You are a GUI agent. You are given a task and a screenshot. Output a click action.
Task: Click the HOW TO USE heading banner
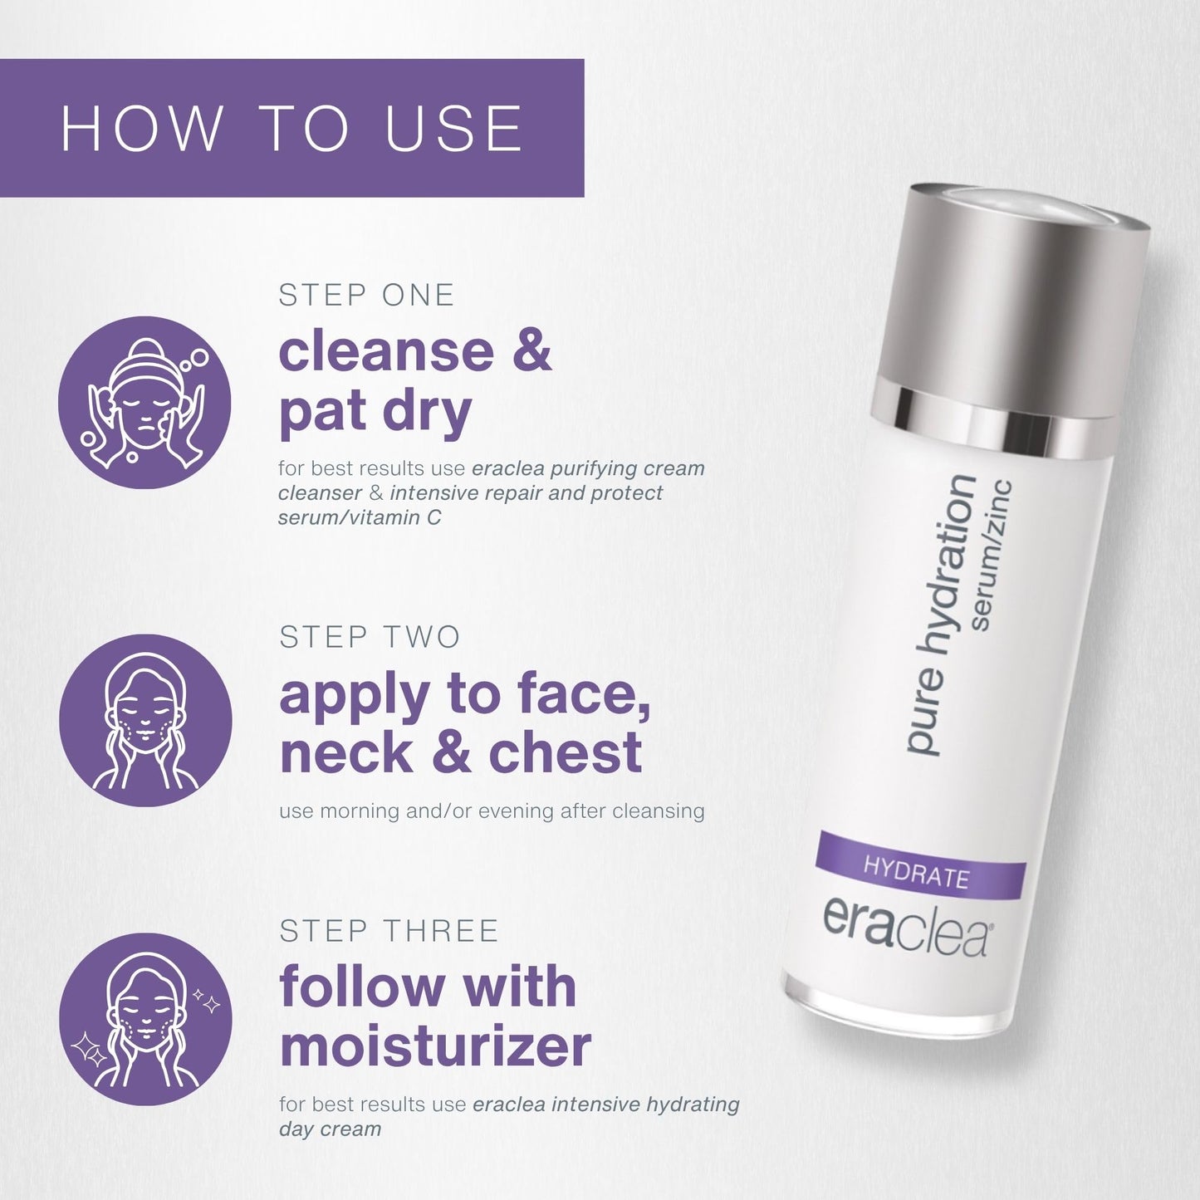(x=291, y=128)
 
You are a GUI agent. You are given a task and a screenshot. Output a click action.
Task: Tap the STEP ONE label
(x=366, y=296)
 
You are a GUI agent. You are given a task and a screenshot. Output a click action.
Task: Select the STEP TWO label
(x=370, y=637)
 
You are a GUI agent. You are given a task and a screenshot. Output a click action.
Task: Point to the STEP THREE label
(x=389, y=931)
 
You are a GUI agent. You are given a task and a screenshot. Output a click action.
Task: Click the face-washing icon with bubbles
(x=144, y=402)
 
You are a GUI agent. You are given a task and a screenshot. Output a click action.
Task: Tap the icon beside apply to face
(x=145, y=720)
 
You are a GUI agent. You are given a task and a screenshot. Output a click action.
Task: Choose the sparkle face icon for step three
(x=145, y=1019)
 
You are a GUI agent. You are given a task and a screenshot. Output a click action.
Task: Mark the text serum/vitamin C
(x=360, y=517)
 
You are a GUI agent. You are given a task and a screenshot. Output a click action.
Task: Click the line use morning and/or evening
(x=492, y=811)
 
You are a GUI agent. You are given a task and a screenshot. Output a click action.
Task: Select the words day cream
(x=330, y=1129)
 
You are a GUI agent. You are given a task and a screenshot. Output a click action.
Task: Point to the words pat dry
(x=375, y=412)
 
